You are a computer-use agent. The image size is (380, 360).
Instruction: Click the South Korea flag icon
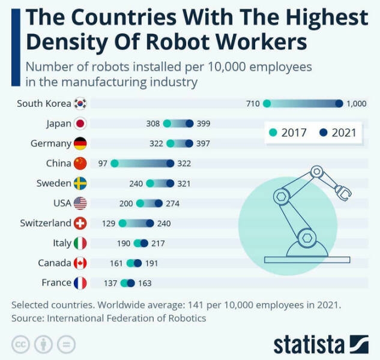click(80, 104)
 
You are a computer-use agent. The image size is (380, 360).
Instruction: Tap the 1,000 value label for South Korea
click(356, 104)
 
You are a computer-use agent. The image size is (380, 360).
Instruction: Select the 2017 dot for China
click(115, 163)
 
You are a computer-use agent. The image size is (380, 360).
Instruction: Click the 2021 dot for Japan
click(190, 124)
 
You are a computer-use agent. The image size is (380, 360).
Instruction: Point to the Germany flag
click(80, 143)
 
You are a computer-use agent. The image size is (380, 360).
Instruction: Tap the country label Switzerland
click(45, 223)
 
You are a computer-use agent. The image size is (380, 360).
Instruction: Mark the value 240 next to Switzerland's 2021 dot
click(164, 223)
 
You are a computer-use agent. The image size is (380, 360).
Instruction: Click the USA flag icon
click(80, 203)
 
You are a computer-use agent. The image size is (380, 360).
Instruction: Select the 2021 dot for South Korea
click(339, 104)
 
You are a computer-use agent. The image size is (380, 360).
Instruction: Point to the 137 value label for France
click(111, 283)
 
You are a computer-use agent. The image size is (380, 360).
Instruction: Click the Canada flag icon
click(80, 263)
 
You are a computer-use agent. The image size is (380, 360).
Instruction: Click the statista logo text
click(309, 344)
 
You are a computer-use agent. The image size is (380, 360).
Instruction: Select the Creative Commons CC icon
click(21, 344)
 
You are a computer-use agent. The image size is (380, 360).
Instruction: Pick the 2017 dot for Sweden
click(150, 184)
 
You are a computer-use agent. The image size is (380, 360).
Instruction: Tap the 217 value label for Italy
click(158, 243)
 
